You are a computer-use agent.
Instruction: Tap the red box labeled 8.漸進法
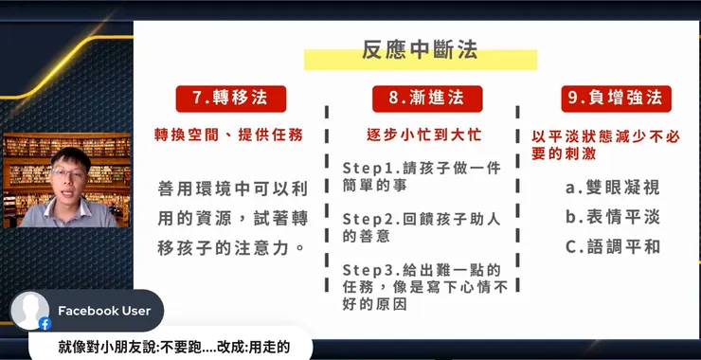point(422,99)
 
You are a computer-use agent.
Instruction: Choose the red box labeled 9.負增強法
point(610,99)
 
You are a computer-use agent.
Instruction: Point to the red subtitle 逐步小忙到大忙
point(420,135)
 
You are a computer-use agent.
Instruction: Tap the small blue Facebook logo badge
point(45,324)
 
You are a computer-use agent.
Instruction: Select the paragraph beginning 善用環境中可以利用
point(232,218)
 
